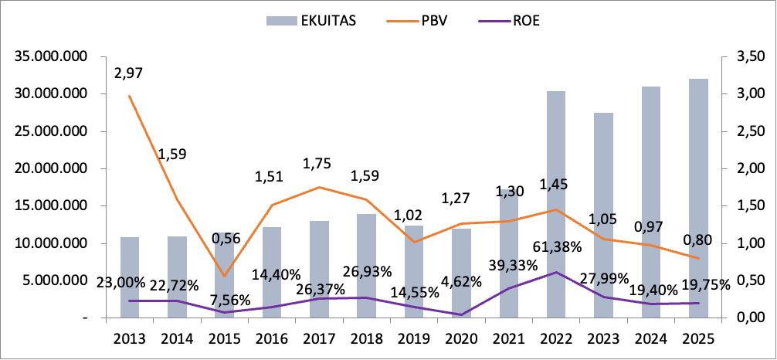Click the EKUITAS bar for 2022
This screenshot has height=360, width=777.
pyautogui.click(x=556, y=204)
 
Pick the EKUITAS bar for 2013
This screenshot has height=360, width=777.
pyautogui.click(x=130, y=277)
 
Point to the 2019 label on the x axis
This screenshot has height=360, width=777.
pyautogui.click(x=414, y=338)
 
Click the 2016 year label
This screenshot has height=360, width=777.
pyautogui.click(x=272, y=338)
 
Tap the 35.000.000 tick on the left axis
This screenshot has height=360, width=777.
pyautogui.click(x=49, y=57)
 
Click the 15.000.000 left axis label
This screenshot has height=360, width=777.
pyautogui.click(x=49, y=206)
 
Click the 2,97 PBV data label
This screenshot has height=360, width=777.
pyautogui.click(x=129, y=74)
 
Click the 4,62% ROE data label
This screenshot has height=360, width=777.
pyautogui.click(x=462, y=292)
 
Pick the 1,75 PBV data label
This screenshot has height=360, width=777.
pyautogui.click(x=319, y=164)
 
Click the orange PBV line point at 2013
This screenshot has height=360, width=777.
pyautogui.click(x=130, y=97)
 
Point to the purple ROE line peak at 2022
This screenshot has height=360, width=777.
pyautogui.click(x=556, y=272)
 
